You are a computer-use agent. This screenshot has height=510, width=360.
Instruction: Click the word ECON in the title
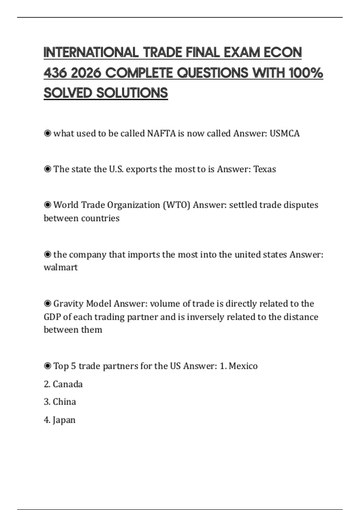283,52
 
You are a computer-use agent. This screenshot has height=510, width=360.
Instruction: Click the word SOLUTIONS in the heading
132,93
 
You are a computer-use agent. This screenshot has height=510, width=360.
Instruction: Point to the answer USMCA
284,133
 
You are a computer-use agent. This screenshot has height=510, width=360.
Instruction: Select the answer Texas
265,169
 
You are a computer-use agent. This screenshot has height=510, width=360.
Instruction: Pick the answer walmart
61,267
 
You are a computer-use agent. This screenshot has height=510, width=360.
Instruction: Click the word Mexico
243,366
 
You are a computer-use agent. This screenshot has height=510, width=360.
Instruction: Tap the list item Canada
67,384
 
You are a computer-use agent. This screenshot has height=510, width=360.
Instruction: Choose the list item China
64,402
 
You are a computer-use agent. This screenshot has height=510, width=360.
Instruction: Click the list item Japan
64,420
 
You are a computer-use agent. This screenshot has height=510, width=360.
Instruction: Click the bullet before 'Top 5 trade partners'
47,366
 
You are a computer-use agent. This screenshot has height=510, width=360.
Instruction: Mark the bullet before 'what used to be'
47,133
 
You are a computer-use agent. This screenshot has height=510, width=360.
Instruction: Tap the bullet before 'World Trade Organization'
47,205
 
